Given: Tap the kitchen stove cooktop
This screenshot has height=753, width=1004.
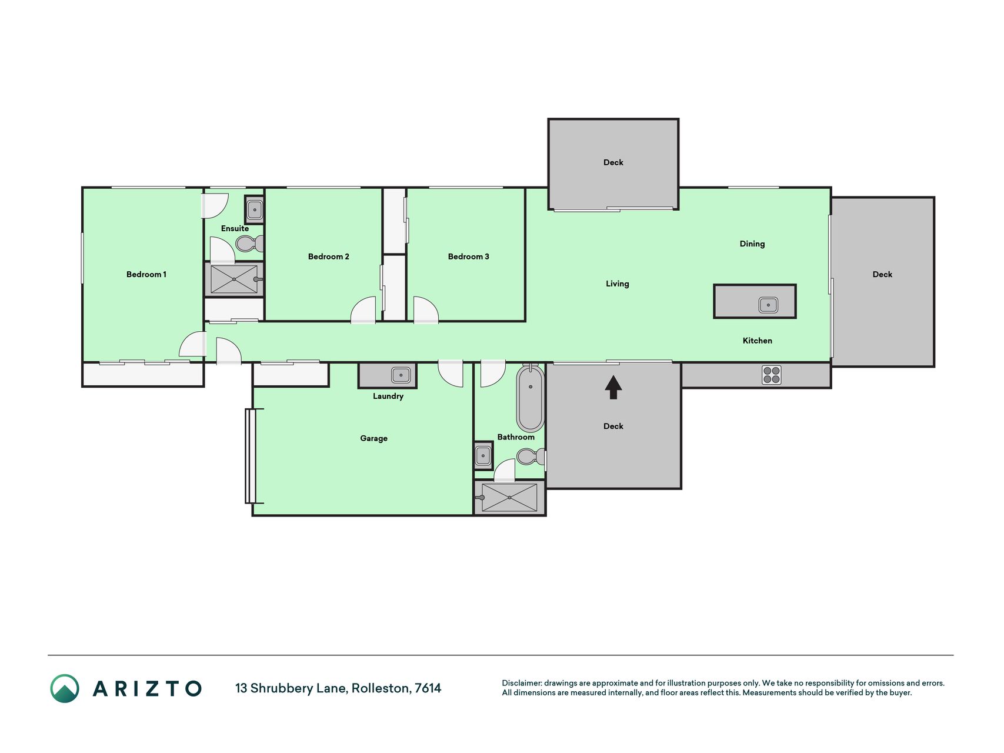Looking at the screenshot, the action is point(772,375).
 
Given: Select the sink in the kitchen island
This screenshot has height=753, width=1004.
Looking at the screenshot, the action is point(768,305).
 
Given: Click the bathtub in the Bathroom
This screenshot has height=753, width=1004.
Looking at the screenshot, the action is point(530,398).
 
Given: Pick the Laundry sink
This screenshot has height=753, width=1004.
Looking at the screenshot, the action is point(401,375).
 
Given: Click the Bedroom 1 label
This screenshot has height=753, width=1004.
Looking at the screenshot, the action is point(146,274).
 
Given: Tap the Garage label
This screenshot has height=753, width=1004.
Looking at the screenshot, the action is point(373,438).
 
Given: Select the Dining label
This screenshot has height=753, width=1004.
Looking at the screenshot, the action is point(752,244).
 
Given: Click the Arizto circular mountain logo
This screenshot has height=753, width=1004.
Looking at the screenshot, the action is point(65,688).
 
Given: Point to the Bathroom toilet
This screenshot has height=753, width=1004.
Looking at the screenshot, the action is point(531,457).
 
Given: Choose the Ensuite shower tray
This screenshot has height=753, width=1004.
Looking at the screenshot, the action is point(234,279).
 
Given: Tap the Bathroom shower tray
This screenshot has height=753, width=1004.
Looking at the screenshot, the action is point(509,497).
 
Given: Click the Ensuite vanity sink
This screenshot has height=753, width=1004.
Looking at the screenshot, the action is point(255,209).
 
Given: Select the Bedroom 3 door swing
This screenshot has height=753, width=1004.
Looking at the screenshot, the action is point(426,310).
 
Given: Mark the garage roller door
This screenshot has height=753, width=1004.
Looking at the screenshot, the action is point(251,456).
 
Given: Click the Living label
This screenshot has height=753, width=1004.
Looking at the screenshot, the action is point(618,284).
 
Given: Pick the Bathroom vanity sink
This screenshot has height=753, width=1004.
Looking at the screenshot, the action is point(483,456).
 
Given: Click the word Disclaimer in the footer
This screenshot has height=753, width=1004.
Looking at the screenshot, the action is point(521,683).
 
